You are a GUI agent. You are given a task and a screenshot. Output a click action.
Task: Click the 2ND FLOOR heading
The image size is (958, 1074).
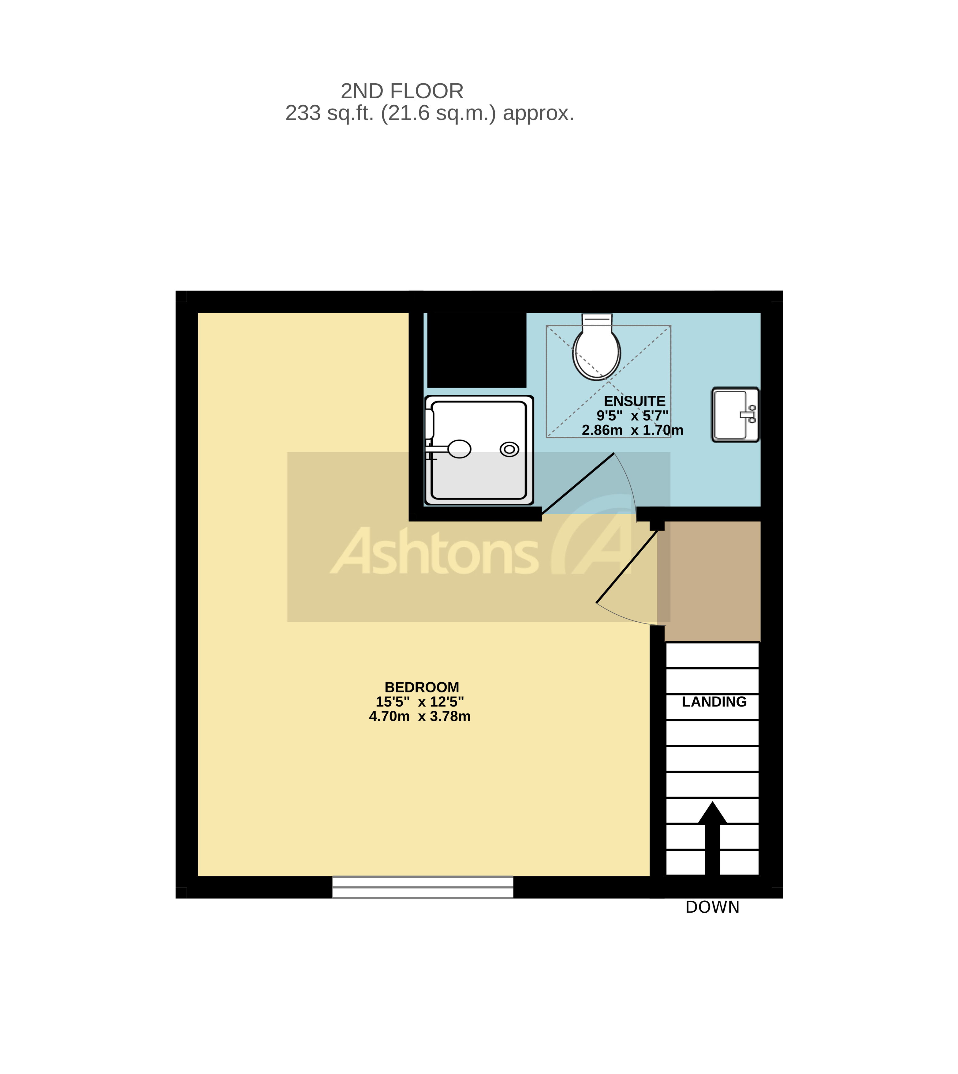402,92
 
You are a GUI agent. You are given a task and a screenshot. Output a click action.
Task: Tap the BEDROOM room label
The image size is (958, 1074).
422,688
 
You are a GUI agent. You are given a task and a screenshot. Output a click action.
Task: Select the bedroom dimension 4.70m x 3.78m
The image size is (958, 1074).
419,716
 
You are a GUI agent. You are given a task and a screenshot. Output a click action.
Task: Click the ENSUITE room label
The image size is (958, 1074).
634,401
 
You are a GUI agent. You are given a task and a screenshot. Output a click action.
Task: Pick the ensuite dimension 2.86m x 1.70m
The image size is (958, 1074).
632,430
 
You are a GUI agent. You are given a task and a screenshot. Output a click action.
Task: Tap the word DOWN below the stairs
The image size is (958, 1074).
712,907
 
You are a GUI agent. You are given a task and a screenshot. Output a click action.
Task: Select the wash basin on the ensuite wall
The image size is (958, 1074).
735,415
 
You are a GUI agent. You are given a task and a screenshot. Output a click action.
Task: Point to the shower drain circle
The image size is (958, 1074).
509,449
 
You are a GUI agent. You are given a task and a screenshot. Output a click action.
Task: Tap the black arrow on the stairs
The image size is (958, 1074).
712,838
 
